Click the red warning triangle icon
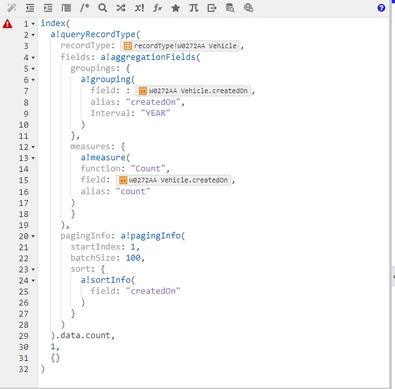click(7, 23)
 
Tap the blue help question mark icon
click(381, 8)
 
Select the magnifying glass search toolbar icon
click(103, 8)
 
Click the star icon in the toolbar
click(176, 8)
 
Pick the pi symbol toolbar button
click(194, 8)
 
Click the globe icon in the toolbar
click(249, 8)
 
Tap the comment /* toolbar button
click(85, 8)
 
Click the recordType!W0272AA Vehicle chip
click(180, 46)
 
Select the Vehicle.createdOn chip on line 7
click(193, 91)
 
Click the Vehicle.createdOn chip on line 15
click(173, 180)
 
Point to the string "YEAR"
click(156, 113)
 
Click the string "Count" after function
click(148, 168)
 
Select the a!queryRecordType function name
click(93, 35)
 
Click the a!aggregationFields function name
click(148, 57)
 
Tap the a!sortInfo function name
click(105, 280)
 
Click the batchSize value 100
click(133, 257)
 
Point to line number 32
click(23, 369)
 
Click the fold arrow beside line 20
click(33, 237)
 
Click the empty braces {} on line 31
click(55, 358)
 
